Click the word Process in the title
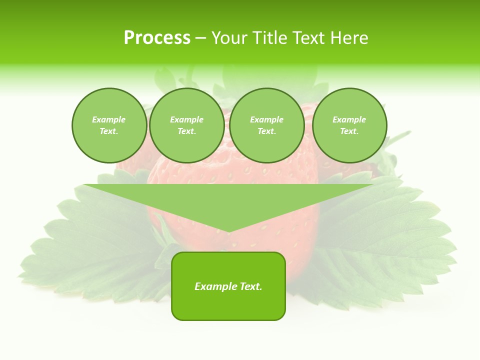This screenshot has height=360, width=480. pos(157,38)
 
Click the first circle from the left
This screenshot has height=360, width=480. pos(109,125)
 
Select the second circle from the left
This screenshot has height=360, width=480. pos(187,125)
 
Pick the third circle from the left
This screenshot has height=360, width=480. pos(267,125)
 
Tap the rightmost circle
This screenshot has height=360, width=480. pos(349,125)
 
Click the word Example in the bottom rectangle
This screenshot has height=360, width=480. pos(215,286)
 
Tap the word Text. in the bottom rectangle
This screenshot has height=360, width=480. pos(250,286)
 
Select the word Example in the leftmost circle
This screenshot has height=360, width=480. pos(109,119)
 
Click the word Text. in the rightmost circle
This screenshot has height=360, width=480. pos(349,131)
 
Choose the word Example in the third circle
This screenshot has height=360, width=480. pos(267,119)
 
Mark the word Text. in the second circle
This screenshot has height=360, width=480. pos(187,131)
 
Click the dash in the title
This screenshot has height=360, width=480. pos(200,38)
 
